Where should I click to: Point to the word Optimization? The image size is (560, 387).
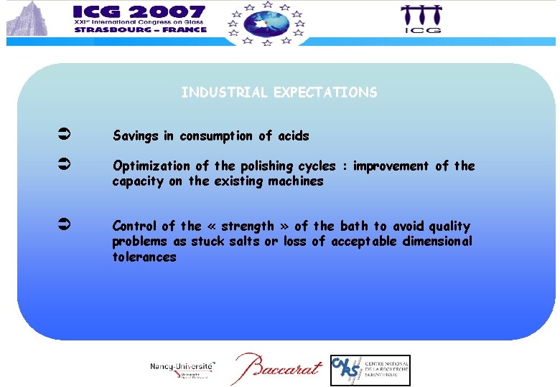click(153, 166)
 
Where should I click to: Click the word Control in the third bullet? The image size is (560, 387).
click(134, 226)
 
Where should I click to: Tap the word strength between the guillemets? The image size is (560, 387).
click(248, 226)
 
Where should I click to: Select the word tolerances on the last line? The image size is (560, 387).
click(144, 257)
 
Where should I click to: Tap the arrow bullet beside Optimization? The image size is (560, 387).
click(62, 166)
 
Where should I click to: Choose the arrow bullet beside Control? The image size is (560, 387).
click(62, 226)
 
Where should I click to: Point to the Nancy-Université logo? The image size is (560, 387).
click(183, 368)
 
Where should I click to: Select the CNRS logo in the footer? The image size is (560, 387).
click(370, 370)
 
